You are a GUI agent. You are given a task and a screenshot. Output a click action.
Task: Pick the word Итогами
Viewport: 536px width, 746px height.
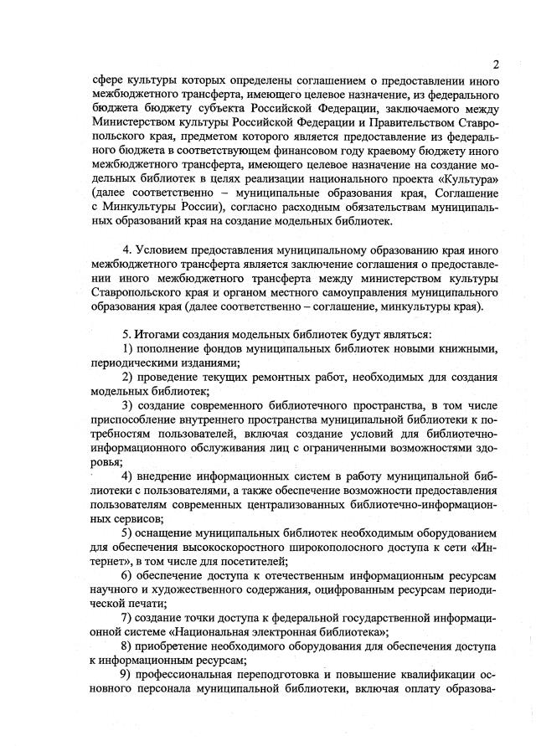[x=162, y=335]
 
